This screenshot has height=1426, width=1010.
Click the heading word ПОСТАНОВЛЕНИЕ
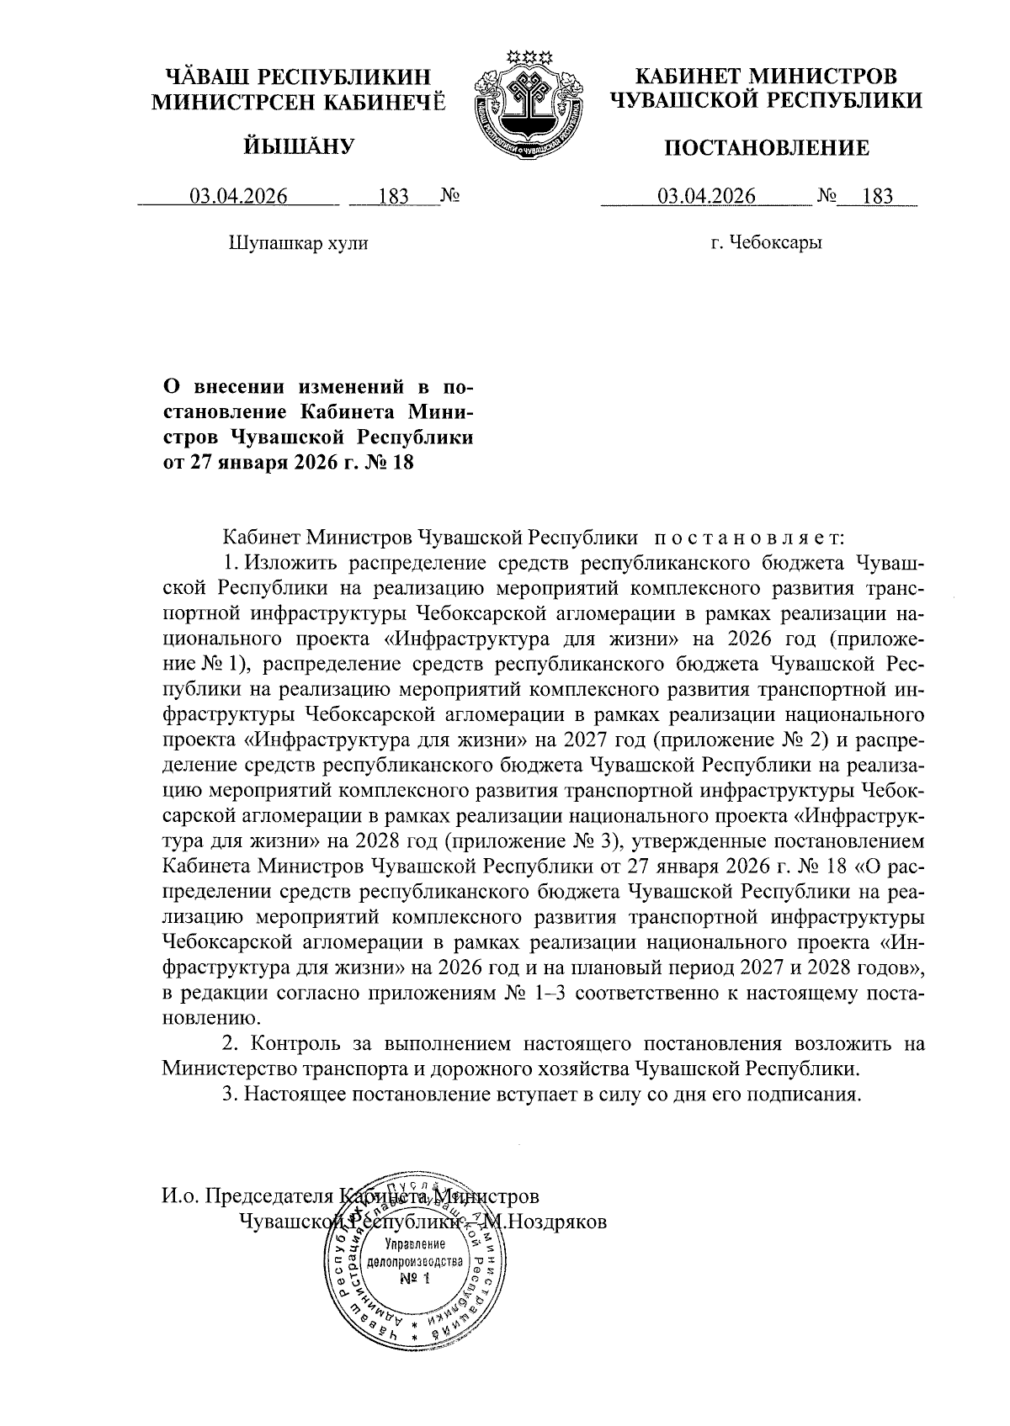[x=766, y=150]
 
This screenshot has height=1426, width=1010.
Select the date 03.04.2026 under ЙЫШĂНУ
[x=238, y=198]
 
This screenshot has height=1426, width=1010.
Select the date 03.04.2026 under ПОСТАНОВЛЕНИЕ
[x=707, y=198]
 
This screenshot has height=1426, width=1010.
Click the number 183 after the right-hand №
[x=877, y=198]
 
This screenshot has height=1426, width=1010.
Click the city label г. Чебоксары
[x=766, y=244]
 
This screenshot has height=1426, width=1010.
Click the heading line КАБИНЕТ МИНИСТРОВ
[x=766, y=77]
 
